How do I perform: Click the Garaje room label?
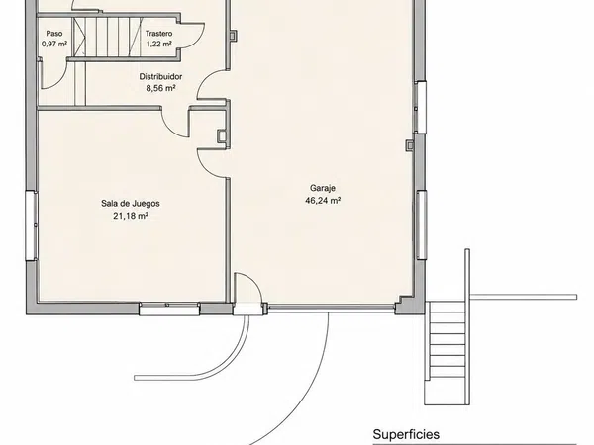[323, 188]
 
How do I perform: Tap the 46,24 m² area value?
[323, 200]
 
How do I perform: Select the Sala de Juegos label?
[131, 203]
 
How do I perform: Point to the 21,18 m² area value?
[131, 216]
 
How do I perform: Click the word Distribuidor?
[160, 76]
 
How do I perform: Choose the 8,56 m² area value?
[160, 88]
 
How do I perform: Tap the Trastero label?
[158, 34]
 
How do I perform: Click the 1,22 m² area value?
[159, 44]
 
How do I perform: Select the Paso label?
[54, 34]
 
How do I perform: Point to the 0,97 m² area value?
[54, 44]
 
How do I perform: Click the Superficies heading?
[406, 434]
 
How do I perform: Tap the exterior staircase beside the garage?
[446, 353]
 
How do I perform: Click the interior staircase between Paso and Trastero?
[108, 37]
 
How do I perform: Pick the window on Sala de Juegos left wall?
[32, 225]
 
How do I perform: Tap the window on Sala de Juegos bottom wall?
[169, 309]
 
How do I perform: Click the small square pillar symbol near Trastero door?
[233, 36]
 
